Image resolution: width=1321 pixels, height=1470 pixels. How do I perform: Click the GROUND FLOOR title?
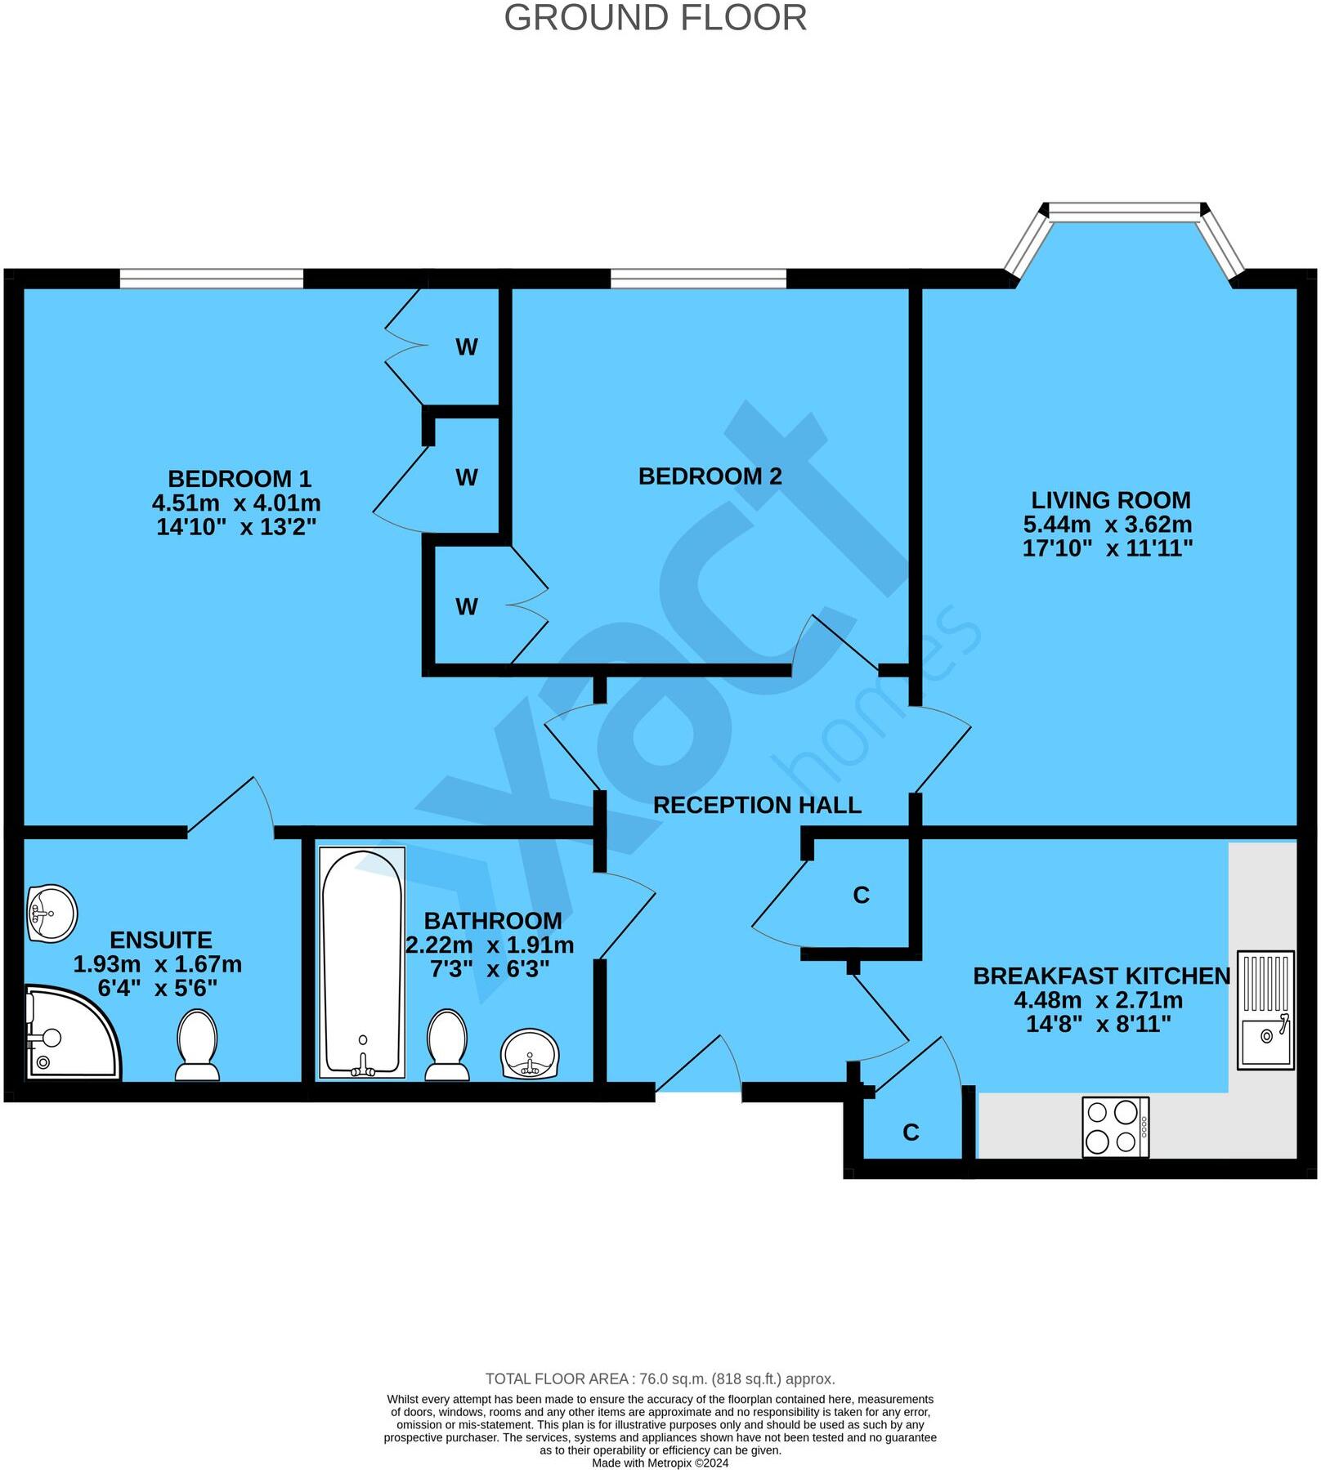(655, 18)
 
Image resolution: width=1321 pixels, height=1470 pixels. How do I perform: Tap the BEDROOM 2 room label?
(710, 476)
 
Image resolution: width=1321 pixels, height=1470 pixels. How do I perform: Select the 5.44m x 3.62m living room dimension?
(1107, 524)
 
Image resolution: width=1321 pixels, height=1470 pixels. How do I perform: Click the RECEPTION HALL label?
(757, 805)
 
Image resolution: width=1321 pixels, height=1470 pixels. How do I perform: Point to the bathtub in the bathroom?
(362, 963)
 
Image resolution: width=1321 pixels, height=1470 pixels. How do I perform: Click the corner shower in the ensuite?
(69, 1034)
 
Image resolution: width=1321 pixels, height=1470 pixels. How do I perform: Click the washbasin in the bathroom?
(530, 1054)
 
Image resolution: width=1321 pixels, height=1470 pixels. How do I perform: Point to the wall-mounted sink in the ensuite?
(51, 913)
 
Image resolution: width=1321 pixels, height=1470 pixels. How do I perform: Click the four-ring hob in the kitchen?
(1115, 1127)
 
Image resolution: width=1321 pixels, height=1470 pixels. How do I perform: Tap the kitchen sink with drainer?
(1265, 1010)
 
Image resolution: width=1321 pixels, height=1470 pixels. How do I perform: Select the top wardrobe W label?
(466, 347)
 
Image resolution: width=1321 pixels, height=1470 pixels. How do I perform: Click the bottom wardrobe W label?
(466, 606)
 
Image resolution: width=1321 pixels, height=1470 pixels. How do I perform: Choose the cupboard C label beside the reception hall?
(861, 896)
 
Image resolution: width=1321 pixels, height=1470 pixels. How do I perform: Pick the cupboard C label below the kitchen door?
(911, 1132)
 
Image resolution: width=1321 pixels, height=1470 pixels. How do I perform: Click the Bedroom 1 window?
(212, 279)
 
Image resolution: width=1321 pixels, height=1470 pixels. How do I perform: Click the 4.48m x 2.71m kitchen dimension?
(1098, 1000)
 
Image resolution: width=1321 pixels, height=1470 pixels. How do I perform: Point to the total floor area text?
(660, 1378)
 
